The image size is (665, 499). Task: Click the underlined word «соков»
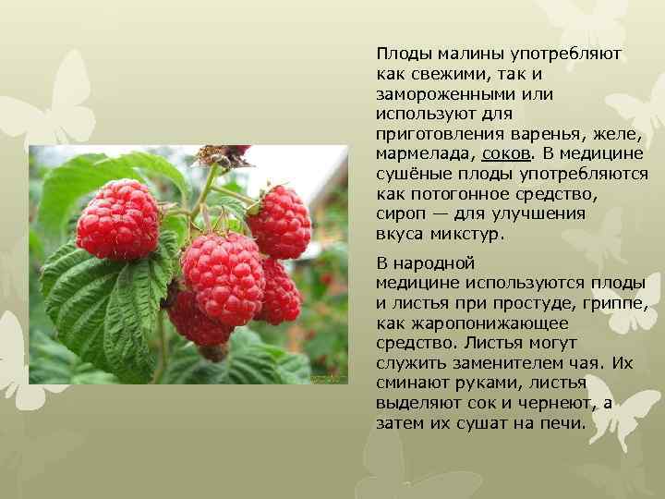(x=507, y=152)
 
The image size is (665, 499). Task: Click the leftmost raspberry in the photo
(x=117, y=219)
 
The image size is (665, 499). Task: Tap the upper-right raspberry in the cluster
(x=279, y=222)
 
